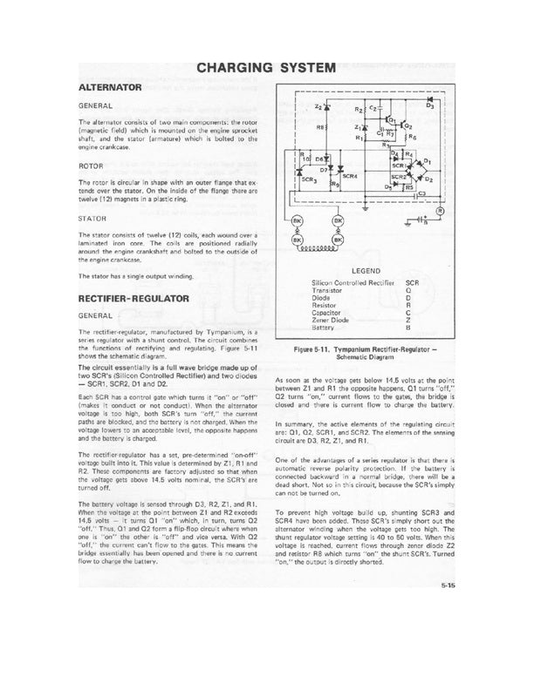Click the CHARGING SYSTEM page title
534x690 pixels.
point(266,66)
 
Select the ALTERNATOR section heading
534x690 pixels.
point(109,89)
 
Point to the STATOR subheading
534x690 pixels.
point(93,219)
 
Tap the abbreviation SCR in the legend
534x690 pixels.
point(414,283)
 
